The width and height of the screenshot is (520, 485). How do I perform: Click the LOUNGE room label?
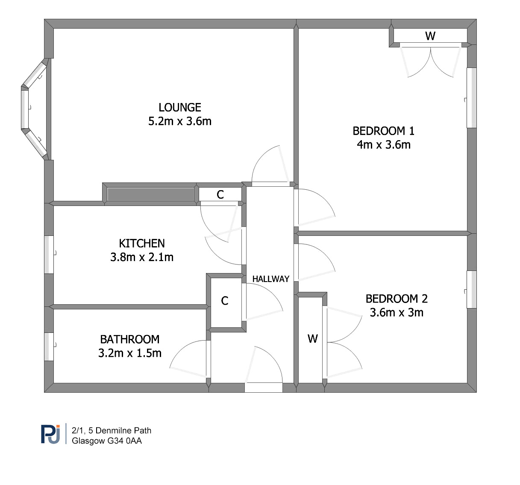pos(180,107)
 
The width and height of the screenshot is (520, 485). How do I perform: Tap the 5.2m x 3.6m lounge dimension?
pos(180,121)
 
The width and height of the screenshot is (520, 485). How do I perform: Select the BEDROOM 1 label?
pos(384,131)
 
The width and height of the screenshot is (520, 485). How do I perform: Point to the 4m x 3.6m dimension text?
pos(384,145)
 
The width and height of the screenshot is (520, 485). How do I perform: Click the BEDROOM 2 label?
pos(397,299)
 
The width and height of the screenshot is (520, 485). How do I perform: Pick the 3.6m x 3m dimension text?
pos(397,313)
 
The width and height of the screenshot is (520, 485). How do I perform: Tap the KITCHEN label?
pos(142,244)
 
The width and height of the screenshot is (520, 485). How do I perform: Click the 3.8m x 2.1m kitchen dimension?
pos(142,257)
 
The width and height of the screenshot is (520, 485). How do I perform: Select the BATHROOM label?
pos(130,339)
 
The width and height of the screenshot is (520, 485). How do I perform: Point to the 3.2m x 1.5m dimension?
pos(130,353)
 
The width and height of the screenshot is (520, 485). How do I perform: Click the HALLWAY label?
pos(271,279)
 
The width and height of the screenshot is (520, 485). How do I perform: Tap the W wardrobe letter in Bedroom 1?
pos(430,36)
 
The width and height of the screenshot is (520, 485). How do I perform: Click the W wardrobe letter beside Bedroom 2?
pos(313,338)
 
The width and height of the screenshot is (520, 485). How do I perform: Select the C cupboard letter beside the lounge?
pos(220,194)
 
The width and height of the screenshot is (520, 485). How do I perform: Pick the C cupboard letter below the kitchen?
pos(225,301)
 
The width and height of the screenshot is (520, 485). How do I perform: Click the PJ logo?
pos(50,434)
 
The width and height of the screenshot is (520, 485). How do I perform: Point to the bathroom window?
pos(49,347)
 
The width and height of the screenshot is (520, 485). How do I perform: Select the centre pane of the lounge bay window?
pos(25,109)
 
